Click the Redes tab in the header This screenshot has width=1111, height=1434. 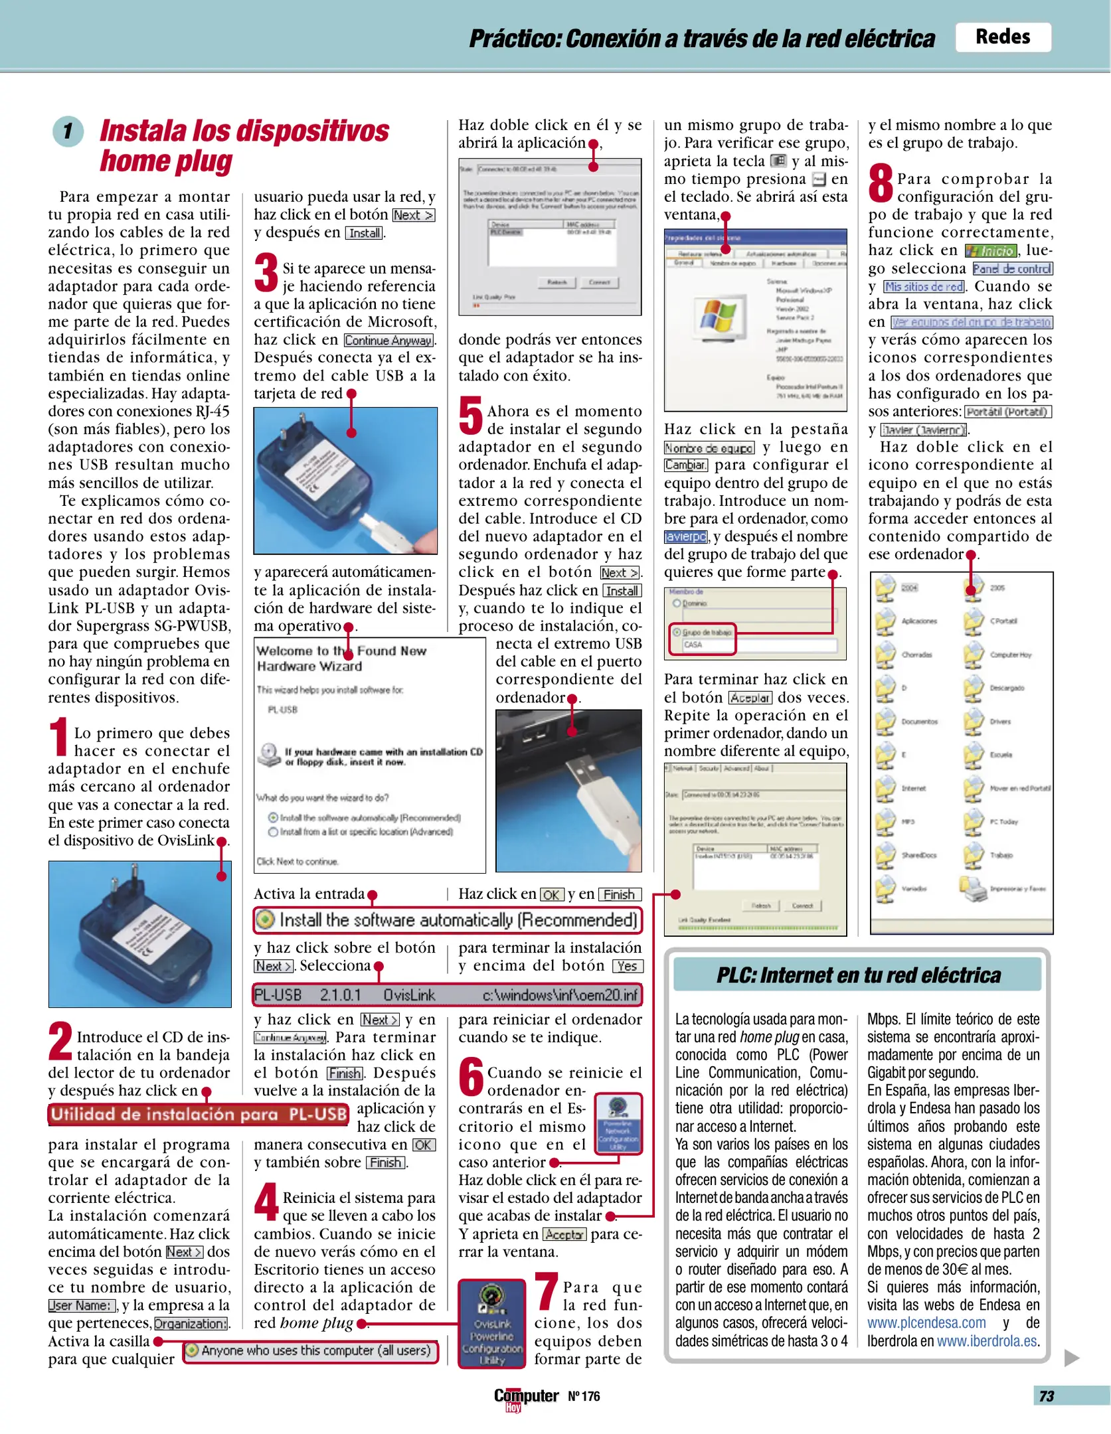point(1002,37)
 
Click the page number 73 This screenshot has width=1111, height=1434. point(1047,1396)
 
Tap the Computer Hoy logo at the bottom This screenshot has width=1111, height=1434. point(525,1397)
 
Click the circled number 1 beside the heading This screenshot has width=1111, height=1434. point(68,131)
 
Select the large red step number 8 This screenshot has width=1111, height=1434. point(881,184)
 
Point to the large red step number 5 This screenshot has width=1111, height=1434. point(471,416)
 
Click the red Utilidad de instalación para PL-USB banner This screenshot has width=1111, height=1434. point(199,1115)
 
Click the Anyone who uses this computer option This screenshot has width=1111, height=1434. point(311,1350)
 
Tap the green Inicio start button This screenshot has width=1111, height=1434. point(991,251)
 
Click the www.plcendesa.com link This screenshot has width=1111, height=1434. point(926,1322)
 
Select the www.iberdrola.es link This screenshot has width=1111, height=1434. point(987,1340)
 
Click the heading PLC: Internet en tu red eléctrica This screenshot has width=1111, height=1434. point(858,975)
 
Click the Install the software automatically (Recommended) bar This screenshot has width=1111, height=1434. point(448,920)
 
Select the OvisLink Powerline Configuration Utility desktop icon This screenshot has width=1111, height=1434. point(492,1323)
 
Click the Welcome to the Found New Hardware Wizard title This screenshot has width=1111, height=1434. point(341,658)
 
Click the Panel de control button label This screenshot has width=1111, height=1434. point(1012,269)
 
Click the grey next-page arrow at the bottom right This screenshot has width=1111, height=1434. point(1070,1358)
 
